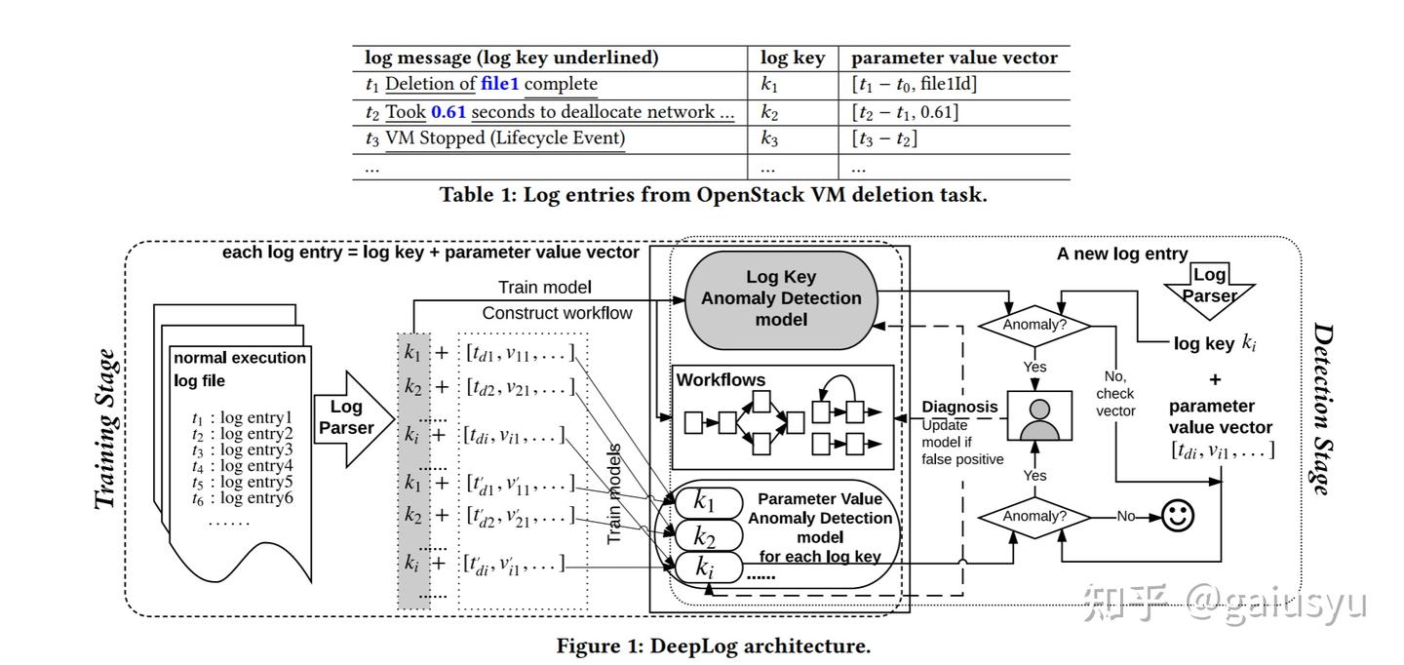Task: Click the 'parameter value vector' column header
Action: [x=954, y=58]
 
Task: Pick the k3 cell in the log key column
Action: [x=770, y=138]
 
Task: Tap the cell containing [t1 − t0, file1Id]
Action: [x=915, y=84]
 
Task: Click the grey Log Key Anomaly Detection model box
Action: [x=781, y=297]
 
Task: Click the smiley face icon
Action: [x=1178, y=516]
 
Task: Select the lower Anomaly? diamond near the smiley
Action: [x=1034, y=517]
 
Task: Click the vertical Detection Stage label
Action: [x=1322, y=410]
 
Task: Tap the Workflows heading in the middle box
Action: [x=721, y=380]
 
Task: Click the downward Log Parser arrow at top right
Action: [x=1209, y=286]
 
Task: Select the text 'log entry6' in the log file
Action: [x=255, y=498]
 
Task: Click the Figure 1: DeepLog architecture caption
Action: [x=713, y=645]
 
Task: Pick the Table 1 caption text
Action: [x=713, y=194]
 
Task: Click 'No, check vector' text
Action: [x=1114, y=394]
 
